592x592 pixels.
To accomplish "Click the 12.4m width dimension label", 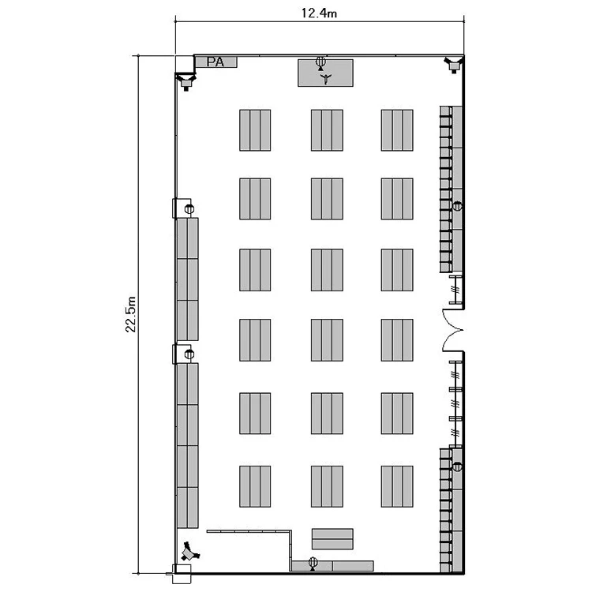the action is [319, 13].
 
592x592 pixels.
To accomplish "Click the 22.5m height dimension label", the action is [130, 314].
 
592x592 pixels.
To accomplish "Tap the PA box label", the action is [215, 62].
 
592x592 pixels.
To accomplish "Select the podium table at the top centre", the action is [325, 73].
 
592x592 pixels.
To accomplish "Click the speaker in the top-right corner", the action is [453, 64].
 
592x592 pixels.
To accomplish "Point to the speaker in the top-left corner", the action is [185, 81].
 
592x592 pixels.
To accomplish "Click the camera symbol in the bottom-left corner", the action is [189, 552].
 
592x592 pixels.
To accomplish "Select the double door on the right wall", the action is [452, 331].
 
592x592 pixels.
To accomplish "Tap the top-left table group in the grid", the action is [255, 130].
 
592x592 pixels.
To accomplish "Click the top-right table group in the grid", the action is [397, 130].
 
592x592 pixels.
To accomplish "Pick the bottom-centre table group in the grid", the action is [327, 486].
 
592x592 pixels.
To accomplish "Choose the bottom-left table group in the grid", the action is [255, 486].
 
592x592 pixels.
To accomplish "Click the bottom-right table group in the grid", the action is [397, 486].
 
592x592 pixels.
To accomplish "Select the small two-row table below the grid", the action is [332, 539].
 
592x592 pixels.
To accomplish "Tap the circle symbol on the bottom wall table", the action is [313, 562].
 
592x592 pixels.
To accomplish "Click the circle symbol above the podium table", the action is [320, 61].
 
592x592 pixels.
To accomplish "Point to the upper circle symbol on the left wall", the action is [189, 208].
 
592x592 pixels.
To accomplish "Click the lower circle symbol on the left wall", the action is [189, 354].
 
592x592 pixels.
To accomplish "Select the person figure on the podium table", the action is [325, 78].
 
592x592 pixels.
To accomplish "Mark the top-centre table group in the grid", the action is [327, 130].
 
